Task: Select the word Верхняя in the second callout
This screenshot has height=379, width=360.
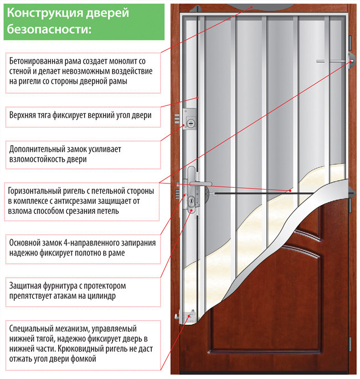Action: [x=20, y=115]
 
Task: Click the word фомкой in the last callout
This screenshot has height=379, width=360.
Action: [x=84, y=358]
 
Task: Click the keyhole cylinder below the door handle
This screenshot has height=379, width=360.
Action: [x=192, y=201]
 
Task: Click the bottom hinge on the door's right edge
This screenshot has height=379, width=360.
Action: [x=350, y=344]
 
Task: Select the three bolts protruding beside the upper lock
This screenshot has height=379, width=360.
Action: [x=177, y=119]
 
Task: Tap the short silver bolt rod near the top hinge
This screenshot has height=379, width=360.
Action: [x=331, y=62]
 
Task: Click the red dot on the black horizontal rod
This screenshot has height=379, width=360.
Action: [x=290, y=191]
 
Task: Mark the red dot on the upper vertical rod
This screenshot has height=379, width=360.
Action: [x=198, y=98]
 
